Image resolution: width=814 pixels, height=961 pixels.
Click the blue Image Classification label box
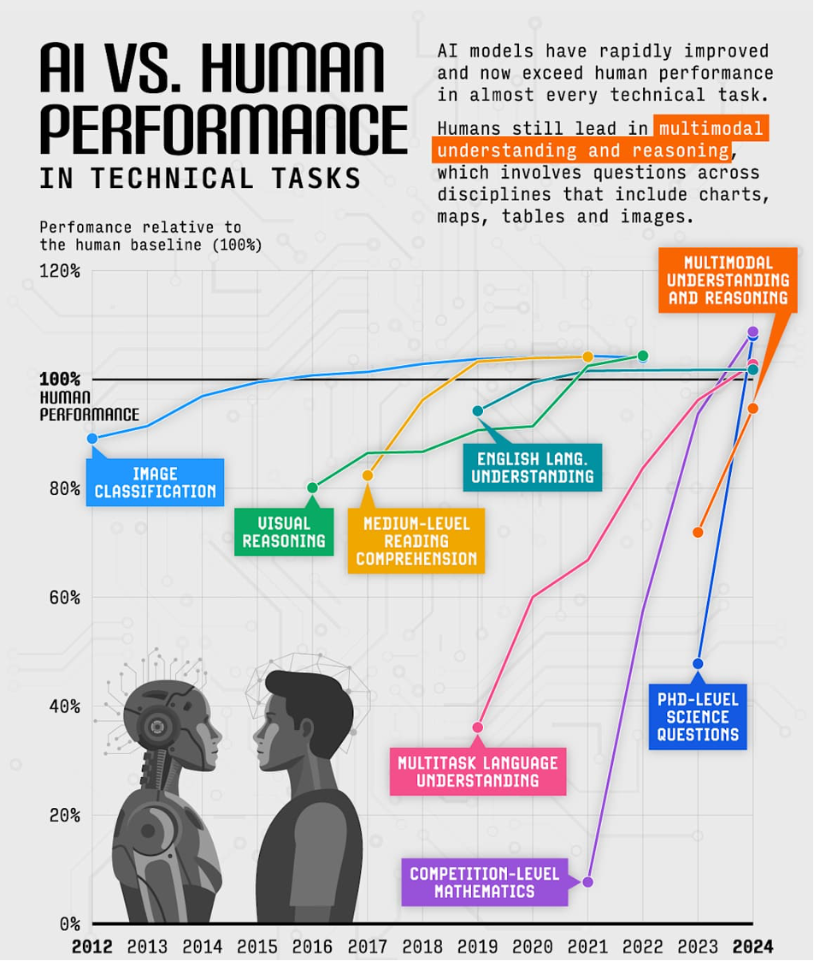[x=155, y=482]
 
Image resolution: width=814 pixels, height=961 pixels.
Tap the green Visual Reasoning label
[x=284, y=531]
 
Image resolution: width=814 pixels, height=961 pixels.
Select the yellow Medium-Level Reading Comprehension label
[x=416, y=540]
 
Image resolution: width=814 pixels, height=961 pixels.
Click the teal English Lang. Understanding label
[x=532, y=467]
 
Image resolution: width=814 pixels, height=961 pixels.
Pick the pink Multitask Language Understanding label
[x=478, y=770]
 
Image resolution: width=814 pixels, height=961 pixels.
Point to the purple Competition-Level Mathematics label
[x=484, y=881]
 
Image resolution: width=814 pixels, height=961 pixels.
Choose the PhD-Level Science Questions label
[x=698, y=716]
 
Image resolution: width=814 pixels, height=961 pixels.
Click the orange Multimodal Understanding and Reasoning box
[x=728, y=280]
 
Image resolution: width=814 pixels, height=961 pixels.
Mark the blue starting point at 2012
[x=92, y=438]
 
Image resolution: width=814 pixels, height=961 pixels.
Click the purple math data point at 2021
[x=587, y=881]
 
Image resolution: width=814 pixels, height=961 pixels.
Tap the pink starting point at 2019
[x=478, y=728]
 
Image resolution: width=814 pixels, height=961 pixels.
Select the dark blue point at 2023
[x=698, y=663]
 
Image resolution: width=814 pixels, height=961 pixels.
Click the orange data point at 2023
[x=698, y=532]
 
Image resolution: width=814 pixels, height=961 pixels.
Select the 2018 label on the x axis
[x=422, y=946]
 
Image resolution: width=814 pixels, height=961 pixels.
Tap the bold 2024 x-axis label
[x=752, y=946]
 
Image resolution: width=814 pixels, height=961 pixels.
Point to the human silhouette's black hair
[x=312, y=697]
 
